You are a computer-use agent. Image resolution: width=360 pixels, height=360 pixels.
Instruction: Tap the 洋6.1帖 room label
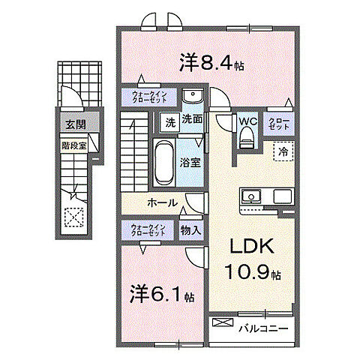(x=162, y=295)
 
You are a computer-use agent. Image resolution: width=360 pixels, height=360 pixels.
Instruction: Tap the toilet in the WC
(x=245, y=137)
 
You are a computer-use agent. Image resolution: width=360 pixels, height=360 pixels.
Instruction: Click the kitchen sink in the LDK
(x=250, y=197)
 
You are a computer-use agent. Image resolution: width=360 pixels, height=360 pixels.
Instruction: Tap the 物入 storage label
(x=190, y=229)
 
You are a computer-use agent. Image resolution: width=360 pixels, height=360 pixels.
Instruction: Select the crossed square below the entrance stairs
(x=75, y=217)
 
